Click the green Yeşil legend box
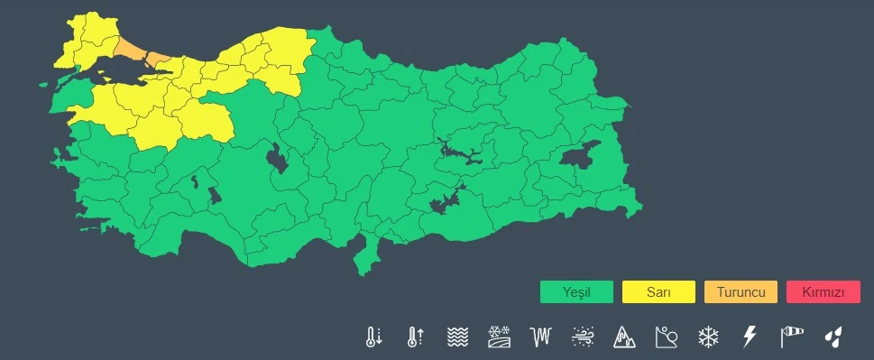(576, 292)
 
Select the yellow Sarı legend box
(658, 292)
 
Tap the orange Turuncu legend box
(741, 292)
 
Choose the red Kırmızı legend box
(823, 292)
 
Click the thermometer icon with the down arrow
(373, 337)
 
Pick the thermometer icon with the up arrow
(415, 337)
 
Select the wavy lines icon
(457, 337)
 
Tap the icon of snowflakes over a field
(499, 337)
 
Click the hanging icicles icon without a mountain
(540, 337)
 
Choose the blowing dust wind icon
(582, 337)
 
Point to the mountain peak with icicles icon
(624, 337)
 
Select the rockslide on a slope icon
(666, 337)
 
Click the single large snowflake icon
(708, 337)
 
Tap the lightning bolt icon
(749, 337)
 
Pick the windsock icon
(791, 337)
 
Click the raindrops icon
(833, 337)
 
